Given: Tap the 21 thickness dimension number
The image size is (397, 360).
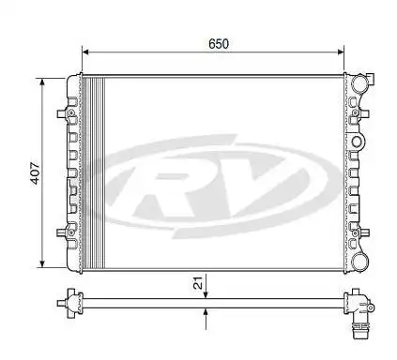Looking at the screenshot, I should pyautogui.click(x=196, y=283).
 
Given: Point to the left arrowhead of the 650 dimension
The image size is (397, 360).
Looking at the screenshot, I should pyautogui.click(x=86, y=53).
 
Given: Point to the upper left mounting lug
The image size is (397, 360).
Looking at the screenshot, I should pyautogui.click(x=64, y=113).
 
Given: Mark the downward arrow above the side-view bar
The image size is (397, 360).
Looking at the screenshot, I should pyautogui.click(x=206, y=292).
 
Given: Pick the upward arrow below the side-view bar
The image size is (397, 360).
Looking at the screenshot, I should pyautogui.click(x=206, y=314).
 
